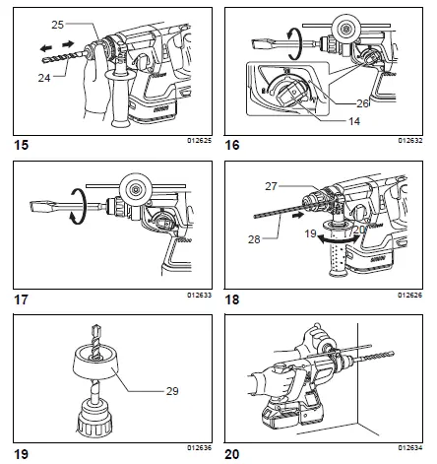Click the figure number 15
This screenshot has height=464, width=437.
[17, 145]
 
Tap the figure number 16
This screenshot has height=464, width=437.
[233, 145]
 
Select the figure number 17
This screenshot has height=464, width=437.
[17, 298]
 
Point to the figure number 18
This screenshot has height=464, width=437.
[233, 298]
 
